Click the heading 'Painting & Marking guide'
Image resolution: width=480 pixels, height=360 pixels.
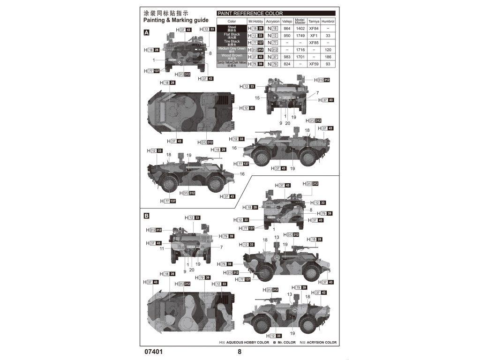click(x=175, y=21)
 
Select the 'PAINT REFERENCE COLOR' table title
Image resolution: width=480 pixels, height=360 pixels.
click(x=249, y=14)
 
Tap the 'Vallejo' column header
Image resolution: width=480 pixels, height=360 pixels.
click(x=287, y=22)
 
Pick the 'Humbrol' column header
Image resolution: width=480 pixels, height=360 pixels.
click(x=328, y=22)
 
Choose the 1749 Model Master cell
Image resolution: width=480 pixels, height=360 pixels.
click(x=300, y=36)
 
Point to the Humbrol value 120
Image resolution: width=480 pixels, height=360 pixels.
click(x=328, y=50)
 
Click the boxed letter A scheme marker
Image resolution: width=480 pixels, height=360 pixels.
click(x=147, y=32)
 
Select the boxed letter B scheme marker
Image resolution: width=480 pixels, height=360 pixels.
click(x=147, y=216)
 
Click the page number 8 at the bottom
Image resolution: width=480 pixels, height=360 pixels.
click(x=240, y=352)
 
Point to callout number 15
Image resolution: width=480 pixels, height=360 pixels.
click(x=257, y=98)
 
